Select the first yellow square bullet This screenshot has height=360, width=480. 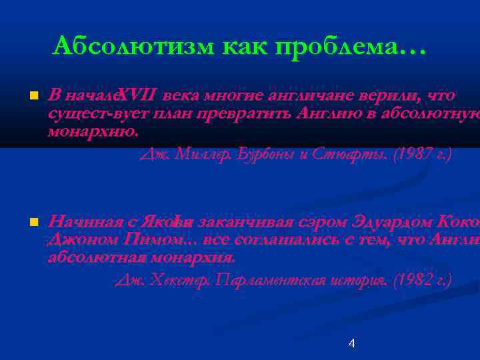point(30,97)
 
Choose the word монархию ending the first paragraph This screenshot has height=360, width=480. point(93,131)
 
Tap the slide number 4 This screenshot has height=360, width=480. point(351,343)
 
